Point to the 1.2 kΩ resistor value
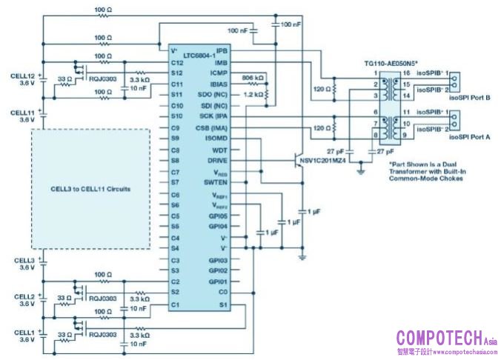click(253, 96)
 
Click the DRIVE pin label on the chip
click(216, 161)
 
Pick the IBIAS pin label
click(217, 84)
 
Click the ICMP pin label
click(217, 73)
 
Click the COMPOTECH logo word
click(439, 338)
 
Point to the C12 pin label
click(176, 62)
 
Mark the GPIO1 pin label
click(217, 282)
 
